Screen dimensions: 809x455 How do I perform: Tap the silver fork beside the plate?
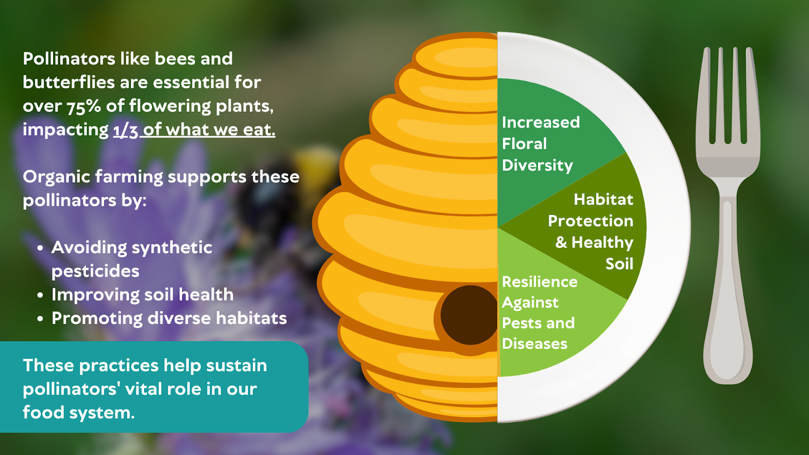click(x=728, y=217)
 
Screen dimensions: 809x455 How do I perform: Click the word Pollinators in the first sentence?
click(x=69, y=59)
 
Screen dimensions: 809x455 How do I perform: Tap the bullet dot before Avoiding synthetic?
click(x=40, y=248)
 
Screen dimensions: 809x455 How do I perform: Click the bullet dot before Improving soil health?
click(x=40, y=295)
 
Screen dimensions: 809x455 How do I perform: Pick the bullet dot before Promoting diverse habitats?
click(x=40, y=319)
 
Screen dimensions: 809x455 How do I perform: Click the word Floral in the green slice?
click(x=524, y=144)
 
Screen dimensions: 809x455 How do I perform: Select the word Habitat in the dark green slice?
click(x=604, y=199)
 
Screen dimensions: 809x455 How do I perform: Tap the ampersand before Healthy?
click(x=561, y=242)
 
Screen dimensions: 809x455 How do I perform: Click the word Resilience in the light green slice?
click(x=540, y=282)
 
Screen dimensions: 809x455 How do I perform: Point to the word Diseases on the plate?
click(x=534, y=344)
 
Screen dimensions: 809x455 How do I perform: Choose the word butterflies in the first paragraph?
click(x=69, y=82)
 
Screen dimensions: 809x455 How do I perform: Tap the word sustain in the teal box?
click(x=237, y=366)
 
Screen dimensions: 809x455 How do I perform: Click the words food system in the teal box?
click(x=79, y=413)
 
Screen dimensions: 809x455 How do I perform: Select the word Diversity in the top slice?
click(x=537, y=165)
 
